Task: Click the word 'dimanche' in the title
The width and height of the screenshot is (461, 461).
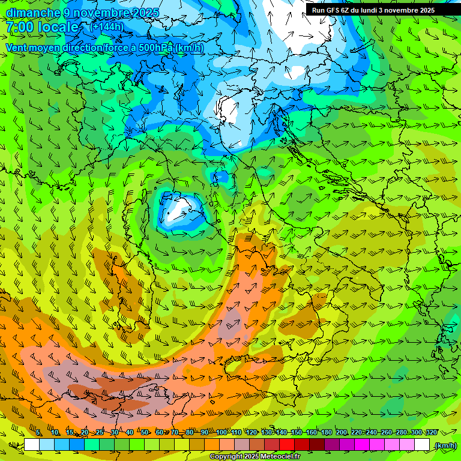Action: (33, 13)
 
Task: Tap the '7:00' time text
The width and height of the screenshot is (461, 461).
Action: (20, 27)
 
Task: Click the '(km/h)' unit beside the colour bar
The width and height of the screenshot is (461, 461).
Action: (445, 445)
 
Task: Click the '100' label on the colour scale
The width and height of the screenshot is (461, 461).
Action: (221, 433)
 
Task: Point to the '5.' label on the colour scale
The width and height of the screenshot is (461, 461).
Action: (38, 433)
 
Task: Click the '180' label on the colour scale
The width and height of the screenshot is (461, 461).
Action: (326, 433)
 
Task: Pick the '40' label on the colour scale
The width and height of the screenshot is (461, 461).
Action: (130, 433)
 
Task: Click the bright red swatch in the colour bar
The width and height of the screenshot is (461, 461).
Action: (287, 445)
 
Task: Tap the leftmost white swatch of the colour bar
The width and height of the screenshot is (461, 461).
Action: (32, 445)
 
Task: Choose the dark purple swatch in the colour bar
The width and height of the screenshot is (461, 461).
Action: (332, 445)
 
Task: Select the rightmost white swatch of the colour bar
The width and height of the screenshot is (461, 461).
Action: (422, 445)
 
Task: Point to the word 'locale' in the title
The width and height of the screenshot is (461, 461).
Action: (59, 27)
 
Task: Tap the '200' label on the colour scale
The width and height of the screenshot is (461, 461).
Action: (342, 433)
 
